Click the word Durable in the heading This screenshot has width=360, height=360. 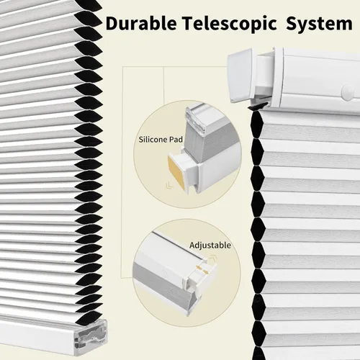tap(141, 24)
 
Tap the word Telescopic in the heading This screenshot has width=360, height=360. tap(229, 24)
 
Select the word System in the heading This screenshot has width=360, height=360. tap(319, 24)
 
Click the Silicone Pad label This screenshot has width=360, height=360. tap(161, 140)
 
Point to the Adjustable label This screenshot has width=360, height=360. tap(210, 246)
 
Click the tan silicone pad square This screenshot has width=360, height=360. tap(176, 173)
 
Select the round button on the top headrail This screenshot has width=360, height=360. tap(347, 91)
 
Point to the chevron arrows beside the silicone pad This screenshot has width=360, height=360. tap(169, 185)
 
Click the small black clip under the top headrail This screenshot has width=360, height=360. tap(258, 107)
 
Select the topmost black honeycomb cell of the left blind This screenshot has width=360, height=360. tap(89, 6)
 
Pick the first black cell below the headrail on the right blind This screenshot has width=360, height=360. tap(257, 125)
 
